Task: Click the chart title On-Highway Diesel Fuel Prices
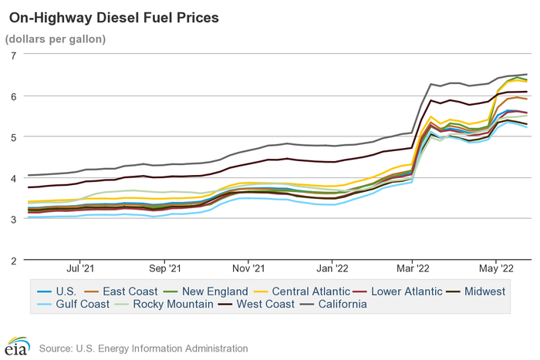[113, 16]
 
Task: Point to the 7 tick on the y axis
[13, 56]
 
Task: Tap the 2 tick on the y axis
[13, 260]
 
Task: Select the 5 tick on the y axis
[13, 137]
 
